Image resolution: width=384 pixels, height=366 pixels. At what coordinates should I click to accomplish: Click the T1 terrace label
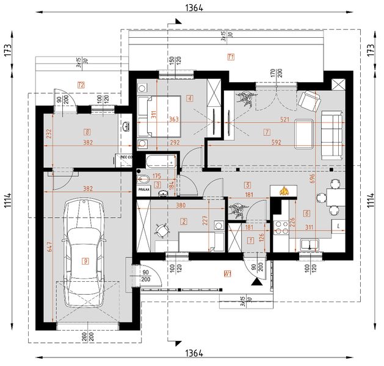231,58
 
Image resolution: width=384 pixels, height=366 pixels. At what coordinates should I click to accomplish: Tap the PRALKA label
144,190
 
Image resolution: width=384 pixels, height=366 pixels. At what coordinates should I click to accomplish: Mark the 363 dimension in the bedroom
173,120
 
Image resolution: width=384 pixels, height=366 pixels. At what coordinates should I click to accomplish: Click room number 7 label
267,131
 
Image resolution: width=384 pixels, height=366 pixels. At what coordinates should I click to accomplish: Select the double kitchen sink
315,246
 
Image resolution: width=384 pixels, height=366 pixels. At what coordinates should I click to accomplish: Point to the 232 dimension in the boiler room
48,134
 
